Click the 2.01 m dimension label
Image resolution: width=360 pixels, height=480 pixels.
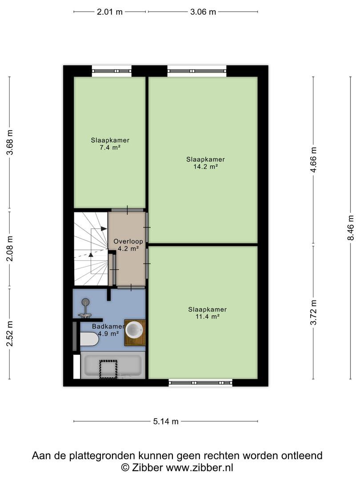click(x=110, y=12)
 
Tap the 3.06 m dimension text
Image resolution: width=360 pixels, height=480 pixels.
click(x=203, y=12)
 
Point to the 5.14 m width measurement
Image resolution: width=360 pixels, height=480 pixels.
click(x=166, y=421)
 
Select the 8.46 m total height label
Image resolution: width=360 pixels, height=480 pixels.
click(x=351, y=228)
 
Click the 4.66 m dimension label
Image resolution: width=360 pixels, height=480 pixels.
click(x=313, y=160)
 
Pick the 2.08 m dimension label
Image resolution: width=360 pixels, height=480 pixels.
click(x=9, y=249)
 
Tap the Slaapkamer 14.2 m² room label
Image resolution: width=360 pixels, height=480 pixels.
click(x=205, y=163)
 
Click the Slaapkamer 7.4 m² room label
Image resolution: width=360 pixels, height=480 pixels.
click(x=110, y=144)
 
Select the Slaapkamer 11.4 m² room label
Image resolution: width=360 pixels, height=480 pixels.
click(x=207, y=313)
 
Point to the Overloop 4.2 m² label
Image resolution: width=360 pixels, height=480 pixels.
click(x=128, y=244)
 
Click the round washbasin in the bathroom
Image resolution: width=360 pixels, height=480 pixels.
click(x=135, y=329)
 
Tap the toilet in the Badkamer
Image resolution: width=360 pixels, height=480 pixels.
click(x=89, y=340)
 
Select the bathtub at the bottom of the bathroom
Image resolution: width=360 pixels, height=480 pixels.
click(x=112, y=365)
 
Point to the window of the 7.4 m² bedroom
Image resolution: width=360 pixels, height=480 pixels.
click(x=112, y=71)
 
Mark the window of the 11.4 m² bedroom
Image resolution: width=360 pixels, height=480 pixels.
click(x=200, y=382)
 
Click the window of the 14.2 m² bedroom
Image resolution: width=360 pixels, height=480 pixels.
click(x=197, y=71)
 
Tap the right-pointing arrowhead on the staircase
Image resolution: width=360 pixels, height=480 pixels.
click(x=104, y=229)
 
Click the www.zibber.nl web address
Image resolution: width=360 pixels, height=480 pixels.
click(x=200, y=468)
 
